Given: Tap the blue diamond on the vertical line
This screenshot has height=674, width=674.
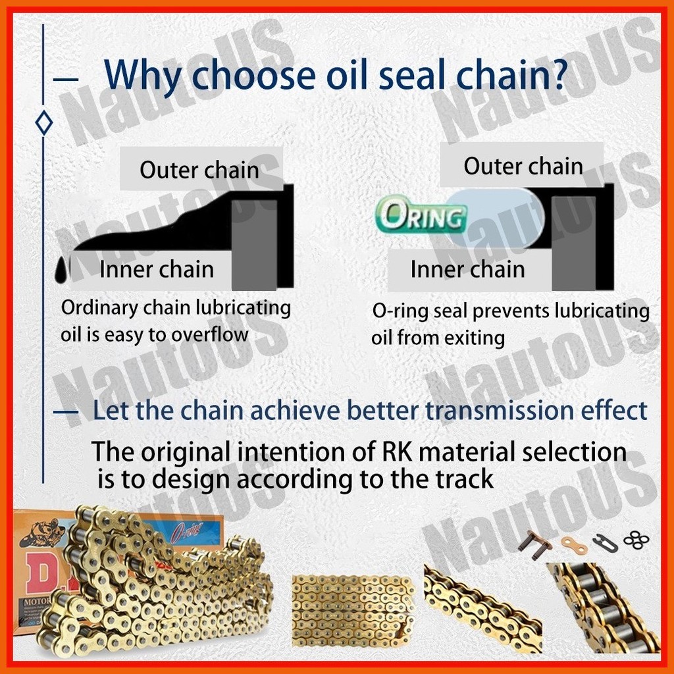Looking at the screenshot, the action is tap(44, 123).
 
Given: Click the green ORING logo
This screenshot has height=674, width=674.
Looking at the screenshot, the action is tap(421, 215).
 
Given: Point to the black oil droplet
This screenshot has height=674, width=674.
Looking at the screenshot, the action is tap(63, 270).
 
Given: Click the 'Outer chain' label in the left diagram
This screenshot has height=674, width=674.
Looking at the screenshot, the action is tap(199, 170).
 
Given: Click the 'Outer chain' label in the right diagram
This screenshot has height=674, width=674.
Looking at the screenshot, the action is tap(523, 166).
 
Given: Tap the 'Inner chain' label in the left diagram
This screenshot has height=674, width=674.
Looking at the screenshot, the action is tap(157, 269).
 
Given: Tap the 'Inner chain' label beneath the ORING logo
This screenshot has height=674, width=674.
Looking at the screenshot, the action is tap(468, 269).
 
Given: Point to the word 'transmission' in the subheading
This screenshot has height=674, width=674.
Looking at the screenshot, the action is tap(500, 411).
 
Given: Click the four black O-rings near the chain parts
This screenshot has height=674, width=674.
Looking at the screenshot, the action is tap(636, 540).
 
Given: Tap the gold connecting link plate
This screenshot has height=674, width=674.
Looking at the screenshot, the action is tap(574, 544).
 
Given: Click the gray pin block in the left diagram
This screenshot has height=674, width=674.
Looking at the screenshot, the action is tap(254, 245).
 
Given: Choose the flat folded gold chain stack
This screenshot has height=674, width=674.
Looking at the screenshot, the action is tap(353, 611).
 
